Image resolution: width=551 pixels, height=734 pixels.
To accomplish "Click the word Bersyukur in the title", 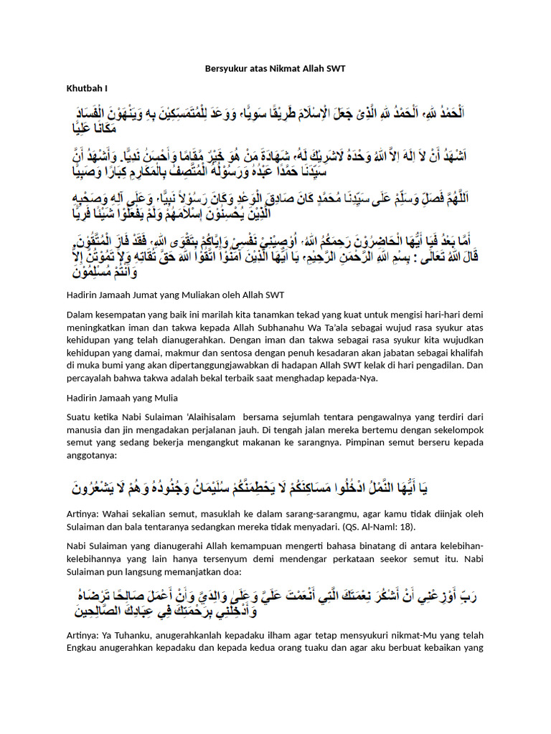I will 219,69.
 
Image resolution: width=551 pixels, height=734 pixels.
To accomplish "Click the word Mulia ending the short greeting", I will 164,398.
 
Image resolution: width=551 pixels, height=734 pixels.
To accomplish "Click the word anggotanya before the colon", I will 92,454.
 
